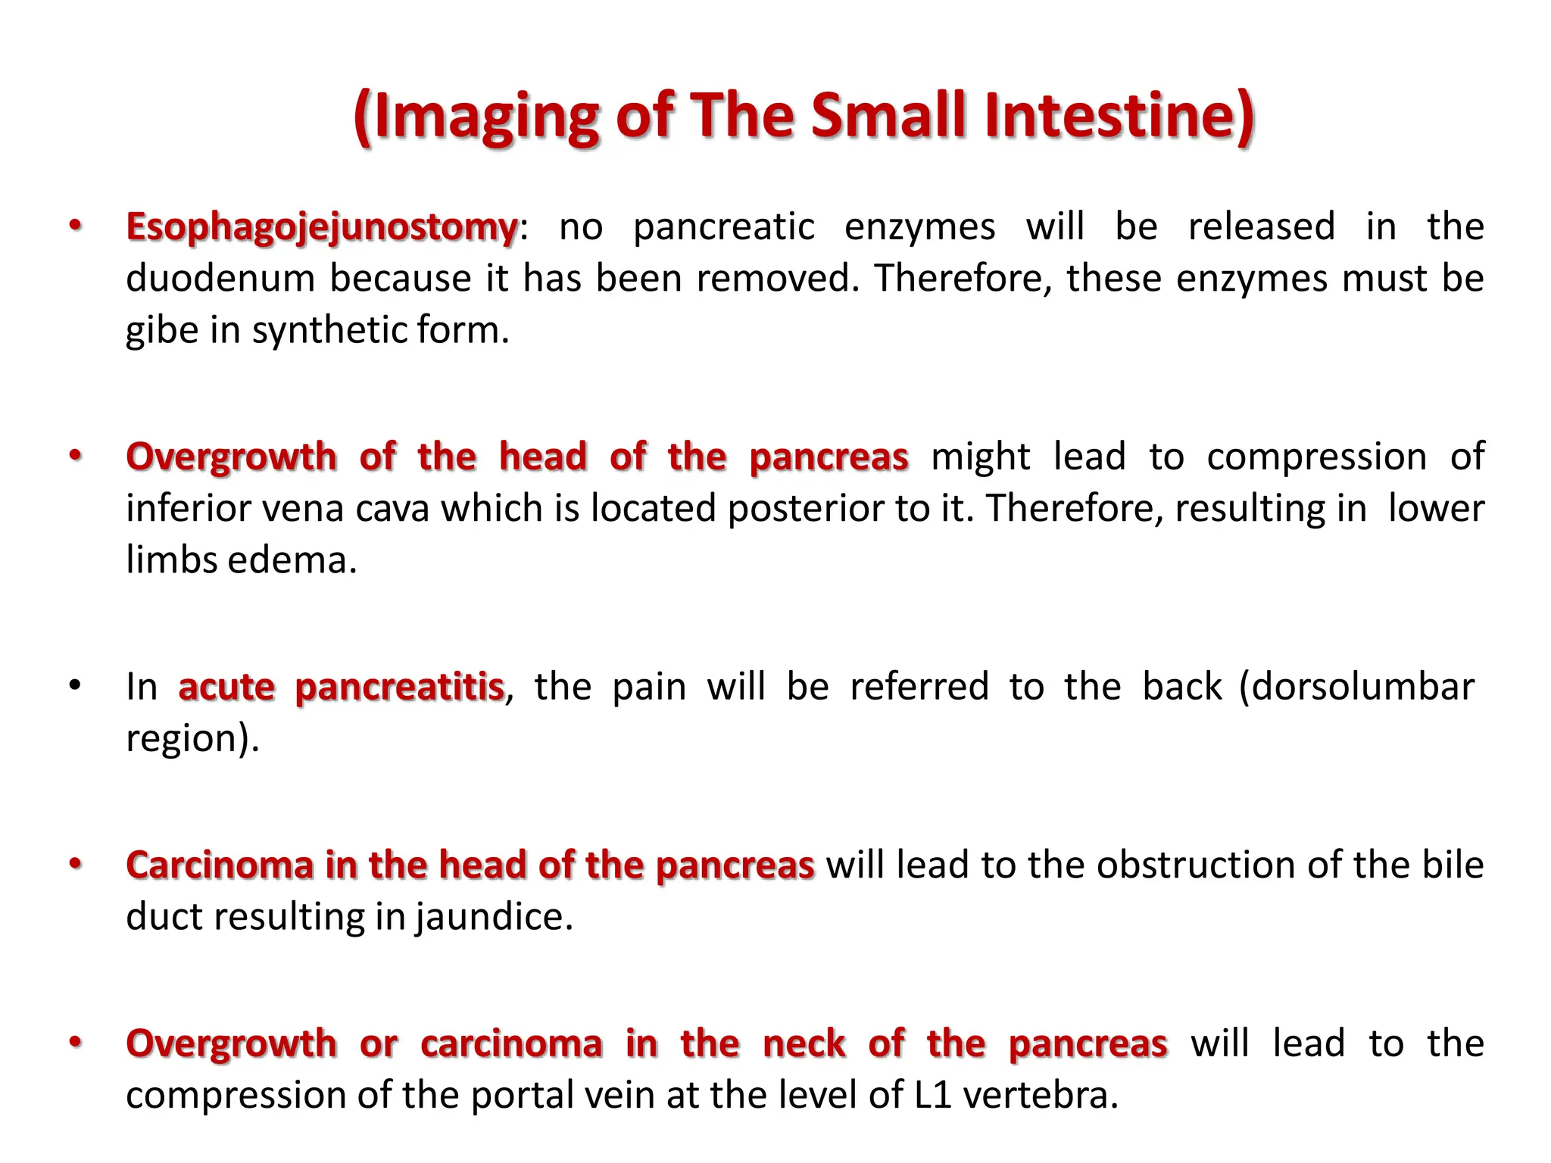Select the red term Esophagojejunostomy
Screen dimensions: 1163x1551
coord(322,227)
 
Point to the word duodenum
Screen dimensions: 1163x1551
coord(220,279)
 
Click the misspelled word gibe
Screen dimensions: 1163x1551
coord(161,331)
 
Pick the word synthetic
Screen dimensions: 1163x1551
coord(329,331)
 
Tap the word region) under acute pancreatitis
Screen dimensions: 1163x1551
coord(192,739)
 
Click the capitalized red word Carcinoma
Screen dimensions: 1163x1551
coord(220,865)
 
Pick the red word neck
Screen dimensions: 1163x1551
coord(804,1044)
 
